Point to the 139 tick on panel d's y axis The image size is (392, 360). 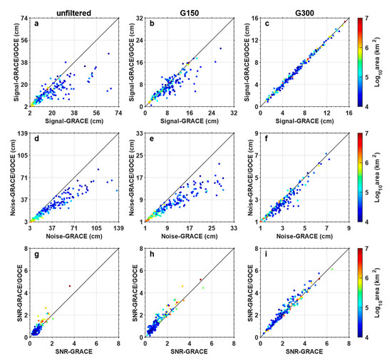point(20,133)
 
